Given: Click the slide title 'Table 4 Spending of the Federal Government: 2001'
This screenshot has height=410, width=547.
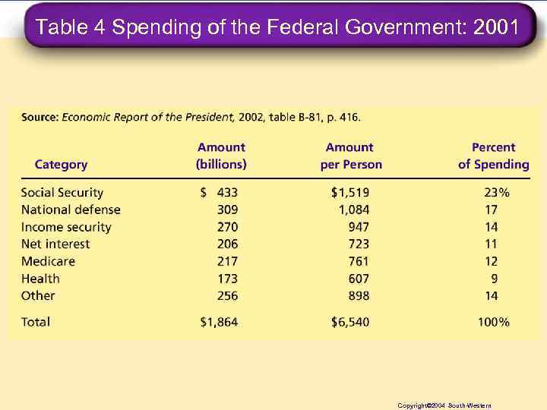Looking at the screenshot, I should click(x=277, y=28).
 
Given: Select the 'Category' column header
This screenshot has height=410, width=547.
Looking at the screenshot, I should click(x=61, y=165).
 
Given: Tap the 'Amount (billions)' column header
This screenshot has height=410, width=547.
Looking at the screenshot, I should click(x=221, y=156).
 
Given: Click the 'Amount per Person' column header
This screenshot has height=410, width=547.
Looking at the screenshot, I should click(x=350, y=156).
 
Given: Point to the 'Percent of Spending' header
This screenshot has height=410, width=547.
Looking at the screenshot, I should click(x=493, y=156).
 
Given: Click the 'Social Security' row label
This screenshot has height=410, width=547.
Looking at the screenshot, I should click(x=62, y=193).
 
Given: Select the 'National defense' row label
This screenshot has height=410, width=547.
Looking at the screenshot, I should click(x=71, y=210).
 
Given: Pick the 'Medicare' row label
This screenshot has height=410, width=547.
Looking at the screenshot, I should click(x=48, y=261).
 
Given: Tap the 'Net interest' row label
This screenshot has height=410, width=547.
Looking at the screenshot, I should click(x=55, y=244).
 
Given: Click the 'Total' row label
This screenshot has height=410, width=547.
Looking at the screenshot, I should click(x=36, y=322).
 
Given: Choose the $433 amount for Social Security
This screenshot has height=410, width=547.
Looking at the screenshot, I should click(x=220, y=193).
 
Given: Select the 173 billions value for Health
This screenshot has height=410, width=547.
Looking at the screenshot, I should click(x=226, y=279).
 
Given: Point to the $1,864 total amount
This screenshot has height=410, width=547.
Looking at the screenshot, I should click(x=220, y=322).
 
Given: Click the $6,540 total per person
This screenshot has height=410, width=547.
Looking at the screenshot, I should click(x=350, y=322).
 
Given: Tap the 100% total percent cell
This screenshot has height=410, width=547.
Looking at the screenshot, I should click(x=493, y=322).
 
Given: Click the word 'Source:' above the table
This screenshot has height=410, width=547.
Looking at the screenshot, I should click(x=40, y=118).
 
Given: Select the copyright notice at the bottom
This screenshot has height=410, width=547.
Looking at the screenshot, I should click(x=444, y=405).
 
